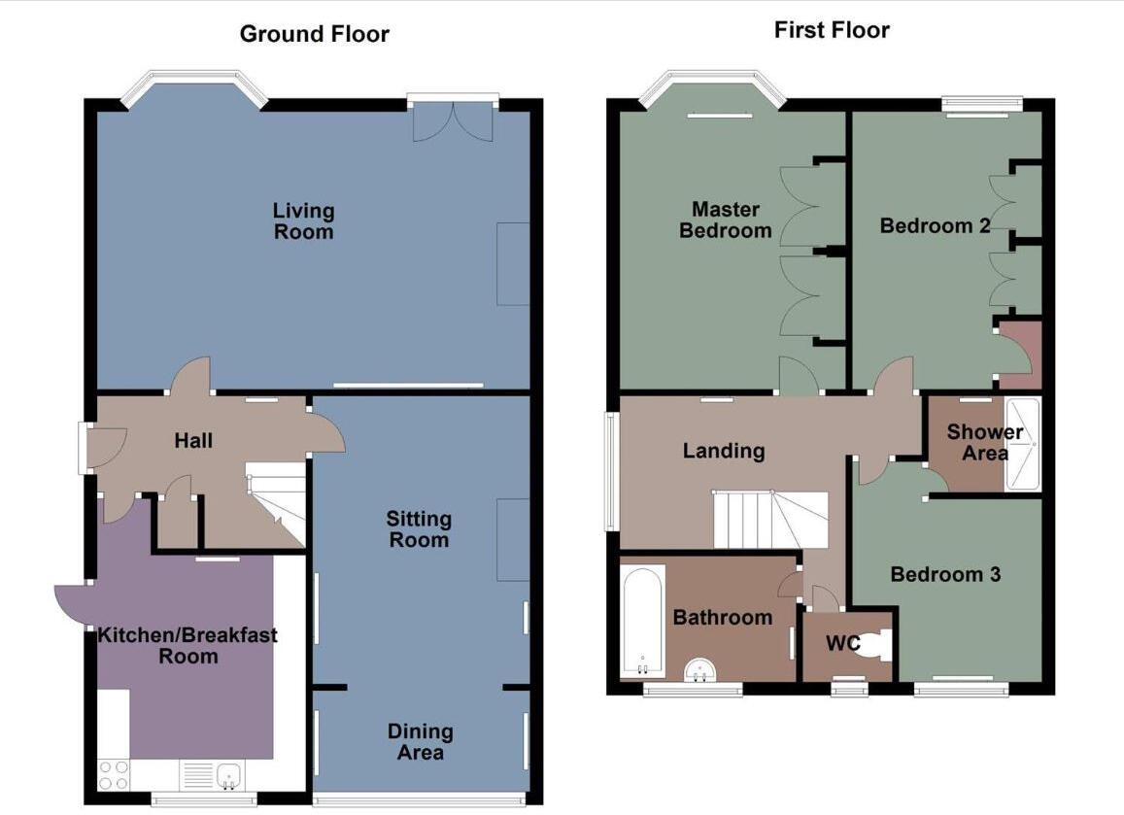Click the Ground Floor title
(x=314, y=34)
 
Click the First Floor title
(x=832, y=30)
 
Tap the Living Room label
(x=303, y=221)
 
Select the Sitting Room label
(x=419, y=529)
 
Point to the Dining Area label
(x=420, y=741)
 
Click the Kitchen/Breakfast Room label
(x=187, y=645)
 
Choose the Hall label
(x=193, y=440)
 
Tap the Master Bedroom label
(x=726, y=220)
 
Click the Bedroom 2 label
(x=935, y=225)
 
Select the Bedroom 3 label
(x=945, y=574)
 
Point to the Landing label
(x=724, y=450)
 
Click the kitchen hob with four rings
(x=114, y=774)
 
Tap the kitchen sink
(x=230, y=774)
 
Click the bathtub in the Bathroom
(x=642, y=620)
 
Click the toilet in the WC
(x=879, y=645)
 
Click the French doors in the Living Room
(x=453, y=119)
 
